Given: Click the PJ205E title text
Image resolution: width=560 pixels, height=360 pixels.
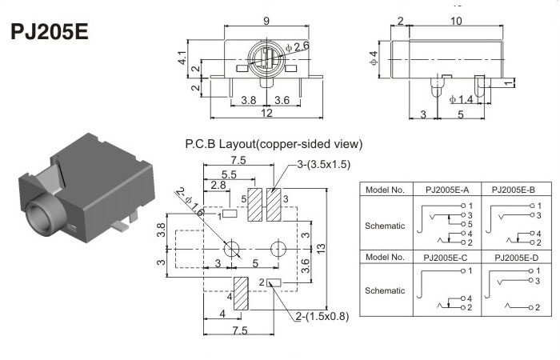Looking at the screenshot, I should click(49, 34).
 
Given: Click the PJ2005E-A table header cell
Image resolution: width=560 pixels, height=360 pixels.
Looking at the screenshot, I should click(441, 190).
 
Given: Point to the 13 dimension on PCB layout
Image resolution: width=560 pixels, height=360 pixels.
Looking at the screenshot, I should click(321, 246).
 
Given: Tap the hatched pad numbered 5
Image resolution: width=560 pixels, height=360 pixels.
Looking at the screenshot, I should click(257, 205).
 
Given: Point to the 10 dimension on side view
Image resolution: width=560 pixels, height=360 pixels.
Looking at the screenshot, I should click(456, 21).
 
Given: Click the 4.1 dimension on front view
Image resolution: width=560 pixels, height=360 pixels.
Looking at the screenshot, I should click(182, 58).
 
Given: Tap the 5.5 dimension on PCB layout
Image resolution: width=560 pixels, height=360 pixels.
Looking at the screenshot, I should click(228, 174).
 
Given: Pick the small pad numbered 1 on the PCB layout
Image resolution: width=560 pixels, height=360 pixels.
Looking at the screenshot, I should click(230, 214).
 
